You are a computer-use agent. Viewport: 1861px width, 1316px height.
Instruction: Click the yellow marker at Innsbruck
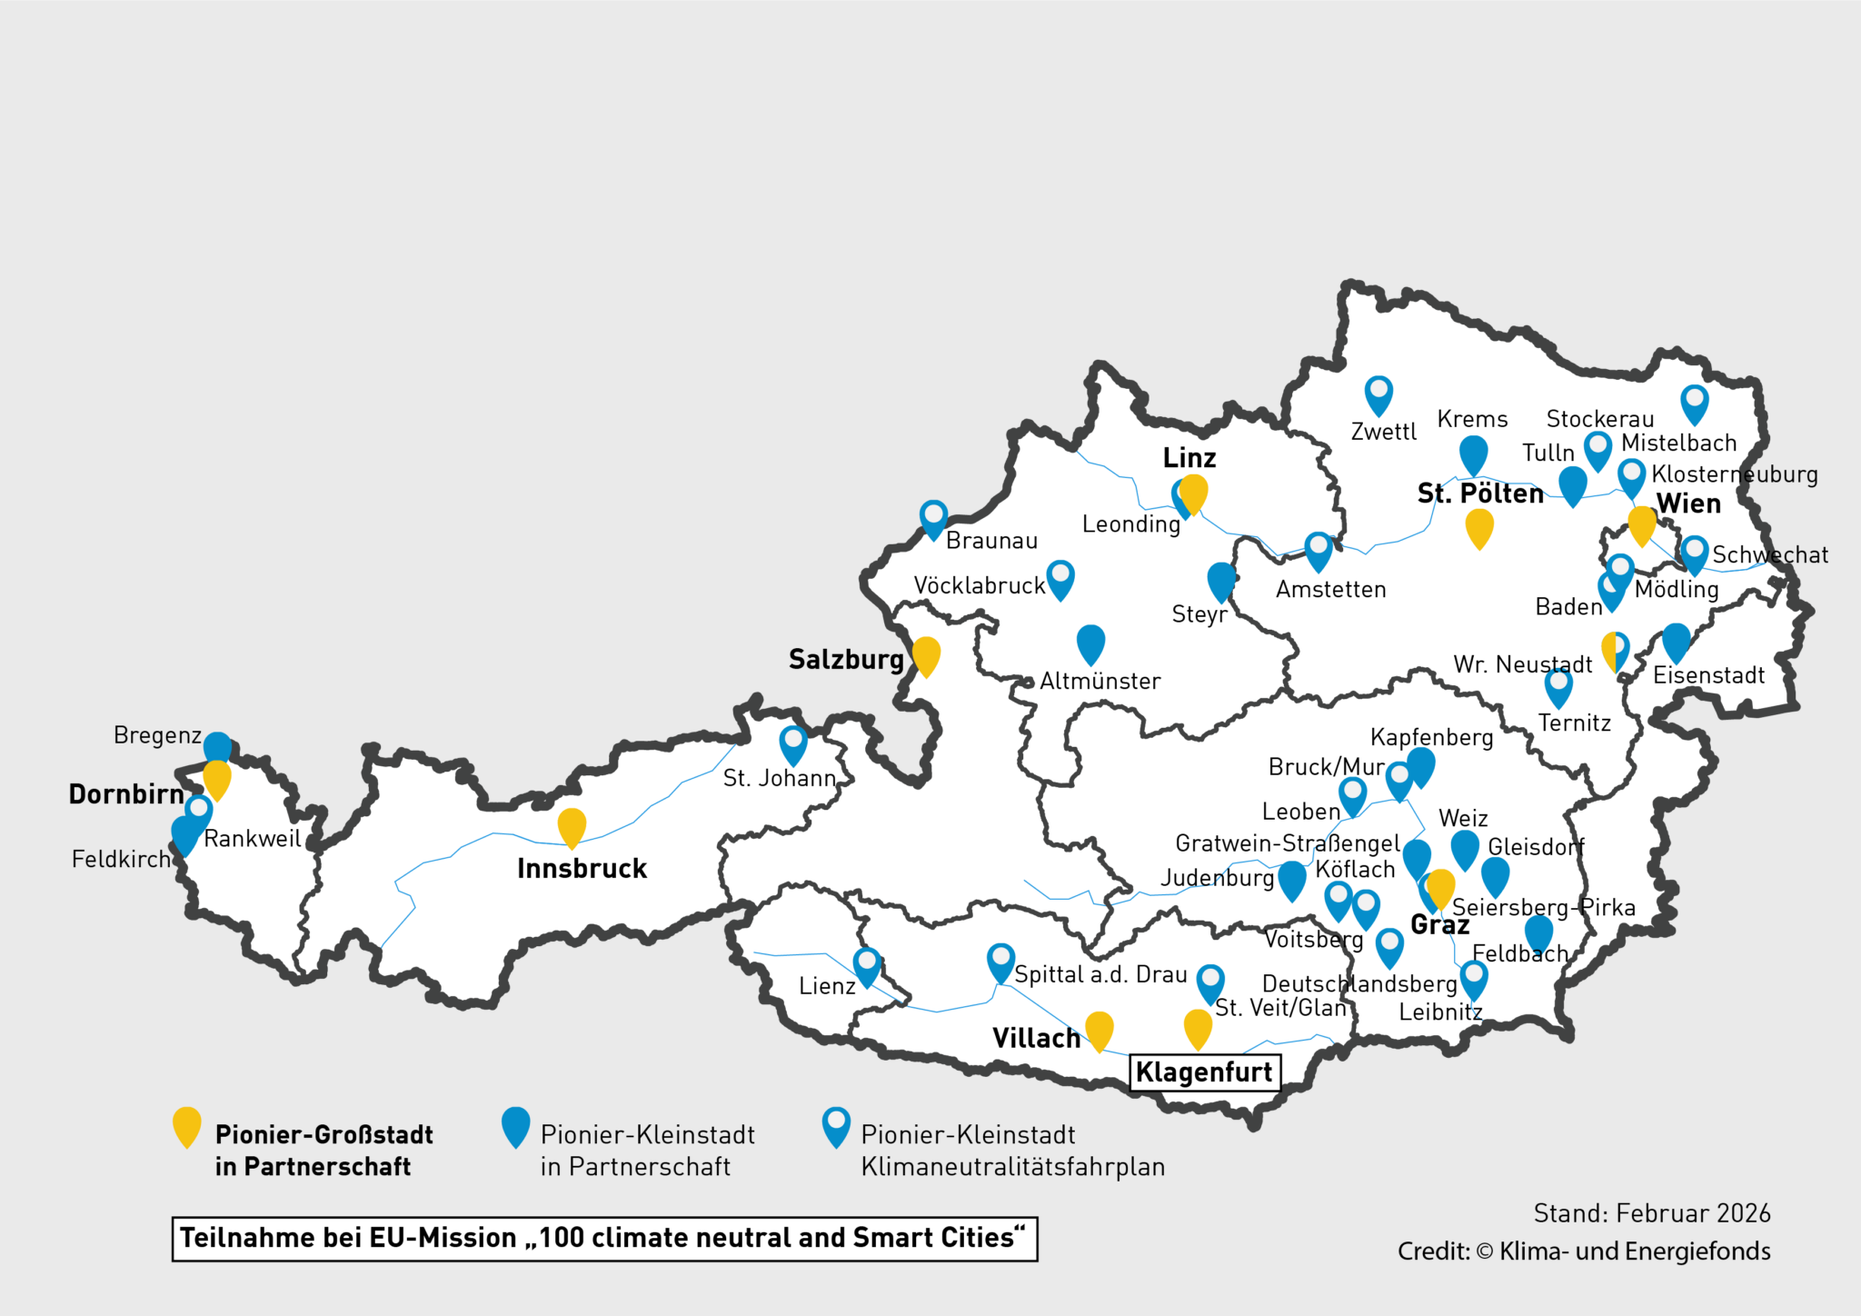click(572, 826)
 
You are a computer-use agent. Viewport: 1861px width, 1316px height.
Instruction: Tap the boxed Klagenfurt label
click(1204, 1072)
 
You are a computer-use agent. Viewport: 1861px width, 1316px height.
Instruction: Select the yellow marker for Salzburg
click(926, 654)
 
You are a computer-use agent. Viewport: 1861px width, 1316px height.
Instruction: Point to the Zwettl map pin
click(1378, 394)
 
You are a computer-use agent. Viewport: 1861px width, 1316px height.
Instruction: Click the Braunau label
click(991, 541)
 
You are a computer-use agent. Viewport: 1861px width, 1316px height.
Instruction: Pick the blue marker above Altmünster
click(1090, 643)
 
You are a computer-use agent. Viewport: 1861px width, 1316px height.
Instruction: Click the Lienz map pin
click(867, 965)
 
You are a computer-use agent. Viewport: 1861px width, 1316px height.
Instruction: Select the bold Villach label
click(1036, 1038)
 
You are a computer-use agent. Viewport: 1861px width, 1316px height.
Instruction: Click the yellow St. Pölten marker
click(1479, 526)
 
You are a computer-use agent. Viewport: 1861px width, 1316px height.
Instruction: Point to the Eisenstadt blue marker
click(1676, 641)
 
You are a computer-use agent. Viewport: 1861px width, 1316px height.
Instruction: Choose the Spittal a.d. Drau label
click(1100, 974)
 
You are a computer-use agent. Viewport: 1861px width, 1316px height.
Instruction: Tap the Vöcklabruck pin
click(1060, 578)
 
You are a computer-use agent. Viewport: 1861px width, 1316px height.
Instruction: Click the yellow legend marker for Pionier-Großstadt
click(187, 1125)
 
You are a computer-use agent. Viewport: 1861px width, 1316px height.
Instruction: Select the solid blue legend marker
click(515, 1125)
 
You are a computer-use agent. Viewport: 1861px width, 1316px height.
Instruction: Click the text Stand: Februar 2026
click(1651, 1213)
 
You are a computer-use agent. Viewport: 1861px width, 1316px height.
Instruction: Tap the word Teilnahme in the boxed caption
click(234, 1238)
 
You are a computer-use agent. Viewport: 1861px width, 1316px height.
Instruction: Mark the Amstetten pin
click(1319, 550)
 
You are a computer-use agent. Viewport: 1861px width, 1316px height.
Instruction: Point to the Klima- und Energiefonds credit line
click(1583, 1251)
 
